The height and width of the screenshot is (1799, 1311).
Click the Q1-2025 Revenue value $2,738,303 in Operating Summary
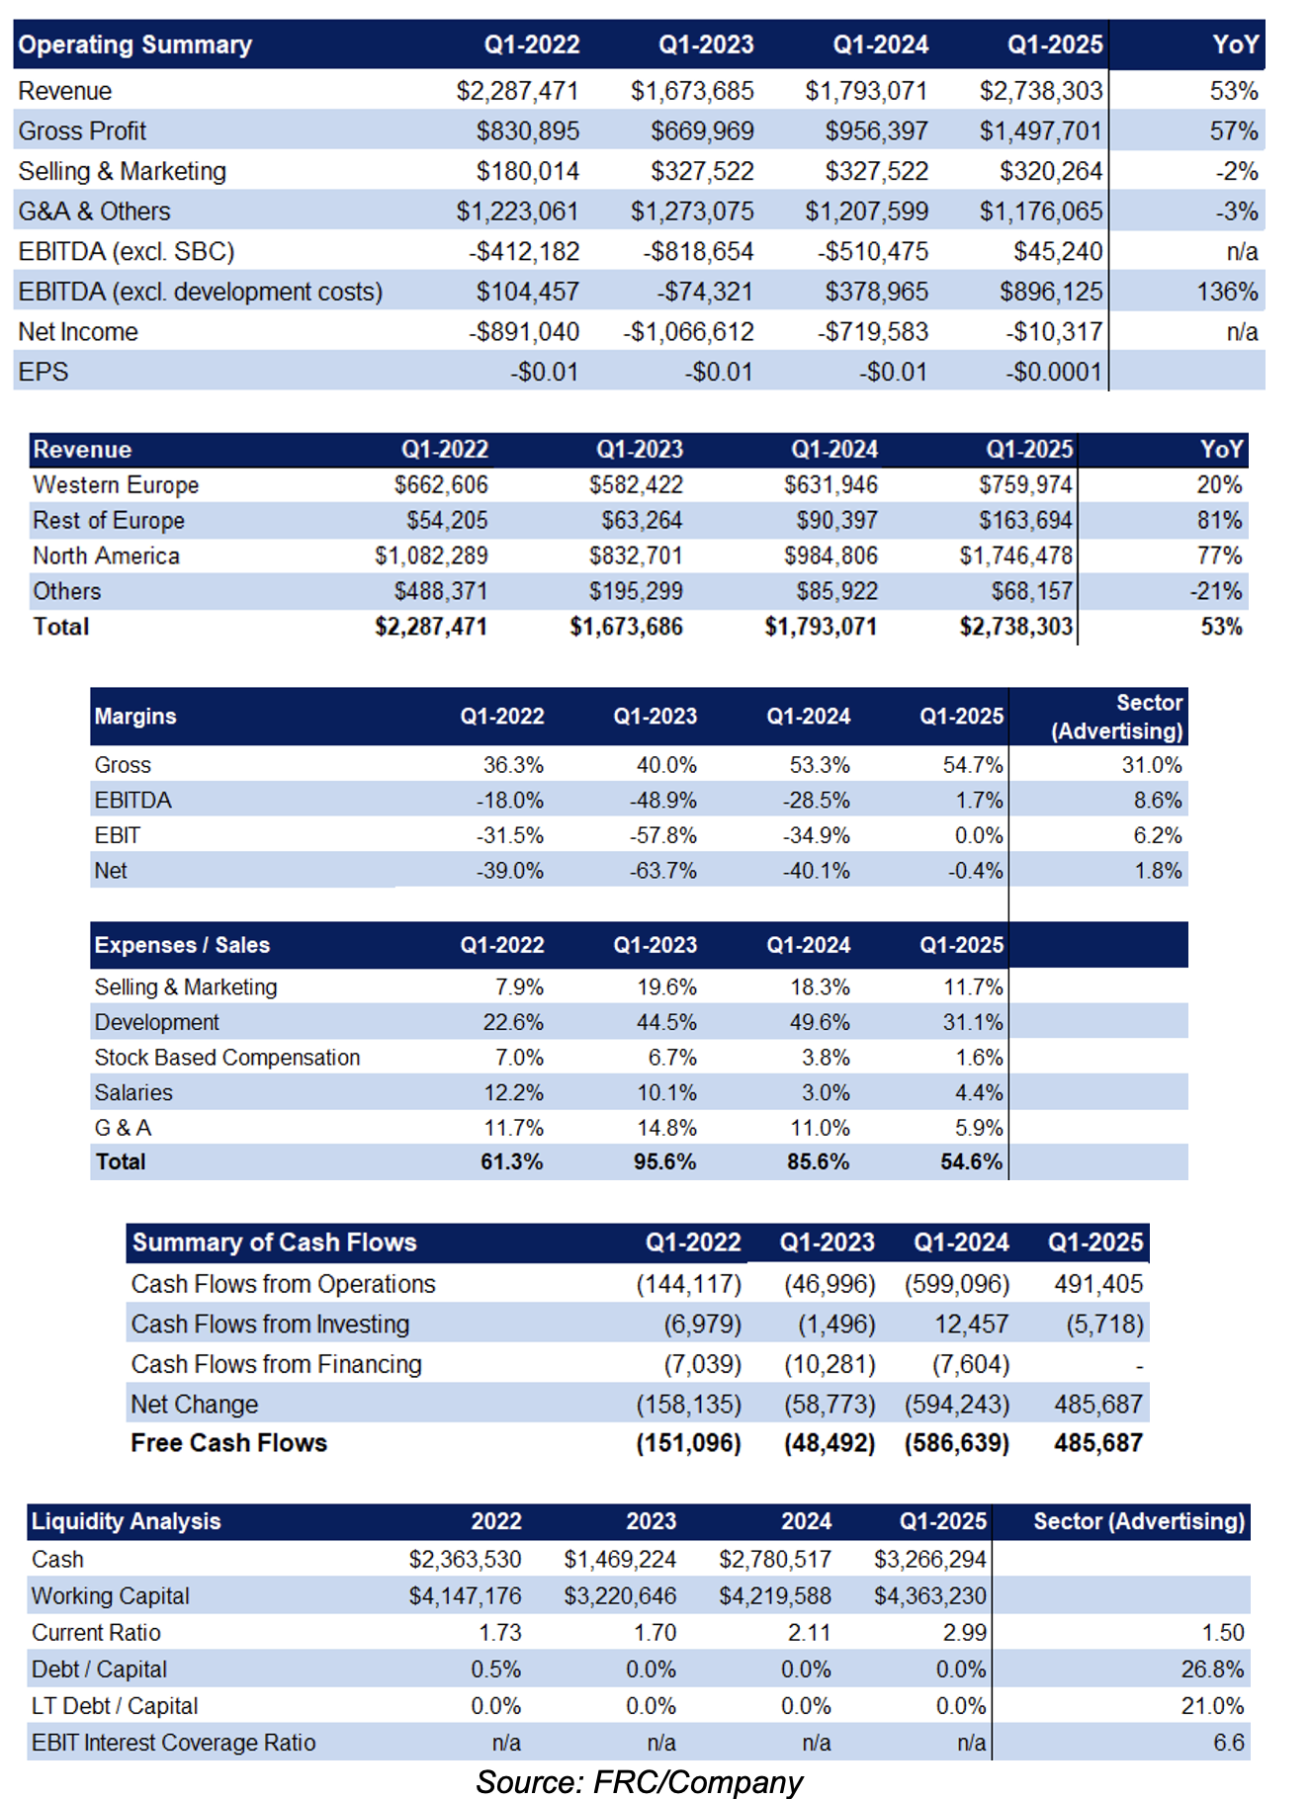pos(1040,91)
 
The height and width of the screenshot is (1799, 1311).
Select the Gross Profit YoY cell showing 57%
pos(1234,130)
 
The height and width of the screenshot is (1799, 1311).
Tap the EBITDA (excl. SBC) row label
pos(127,251)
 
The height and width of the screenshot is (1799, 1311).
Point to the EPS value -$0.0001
pos(1054,372)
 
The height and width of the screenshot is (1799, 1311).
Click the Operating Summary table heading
pos(135,44)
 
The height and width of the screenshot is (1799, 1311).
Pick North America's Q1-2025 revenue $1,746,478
pos(1016,556)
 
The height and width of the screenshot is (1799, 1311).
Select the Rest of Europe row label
pos(109,520)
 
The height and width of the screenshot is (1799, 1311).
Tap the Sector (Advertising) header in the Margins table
pos(1117,717)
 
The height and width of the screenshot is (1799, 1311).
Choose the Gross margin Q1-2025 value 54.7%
pos(973,765)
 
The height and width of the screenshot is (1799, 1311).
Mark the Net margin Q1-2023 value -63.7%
pos(663,871)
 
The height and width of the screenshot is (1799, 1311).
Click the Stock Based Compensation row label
pos(227,1058)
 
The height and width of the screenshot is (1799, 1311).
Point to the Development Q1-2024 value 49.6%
pos(820,1022)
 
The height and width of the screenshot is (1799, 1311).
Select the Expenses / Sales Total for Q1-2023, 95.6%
pos(665,1161)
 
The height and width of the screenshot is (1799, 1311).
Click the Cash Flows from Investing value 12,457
pos(972,1324)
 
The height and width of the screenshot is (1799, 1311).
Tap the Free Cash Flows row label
pos(228,1443)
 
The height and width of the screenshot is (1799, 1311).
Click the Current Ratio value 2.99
pos(965,1633)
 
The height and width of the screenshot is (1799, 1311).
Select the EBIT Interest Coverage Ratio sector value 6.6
pos(1229,1743)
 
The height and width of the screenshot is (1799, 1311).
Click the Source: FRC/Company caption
pos(639,1781)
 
